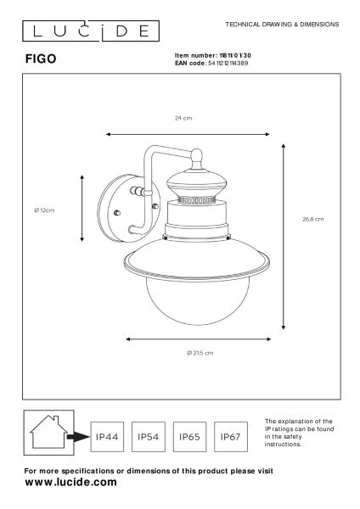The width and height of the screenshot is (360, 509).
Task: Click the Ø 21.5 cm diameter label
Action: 202,352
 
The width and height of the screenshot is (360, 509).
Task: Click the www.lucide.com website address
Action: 70,482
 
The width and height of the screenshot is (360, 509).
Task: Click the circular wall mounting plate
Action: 122,210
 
